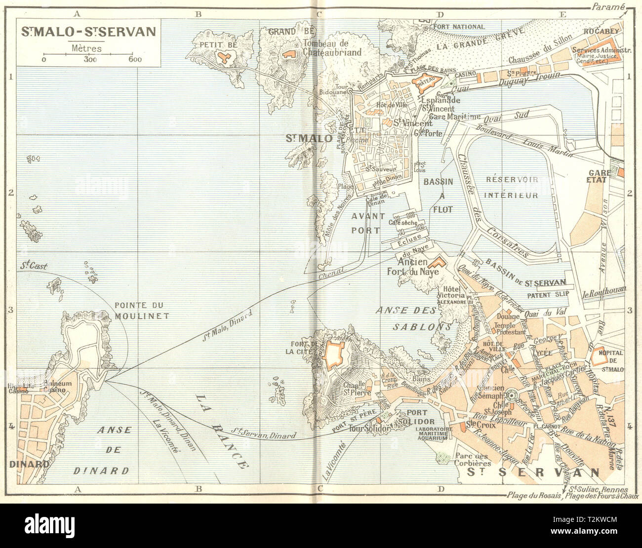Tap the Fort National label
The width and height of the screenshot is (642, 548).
(459, 27)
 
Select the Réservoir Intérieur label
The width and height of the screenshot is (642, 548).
(511, 187)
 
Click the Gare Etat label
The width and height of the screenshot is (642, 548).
(598, 176)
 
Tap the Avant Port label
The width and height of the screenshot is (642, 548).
(366, 223)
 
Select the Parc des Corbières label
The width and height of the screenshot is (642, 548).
(473, 459)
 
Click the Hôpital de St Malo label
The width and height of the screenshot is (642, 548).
(610, 359)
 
